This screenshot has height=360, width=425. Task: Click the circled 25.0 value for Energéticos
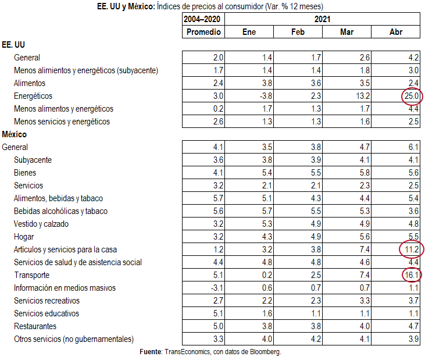tap(412, 96)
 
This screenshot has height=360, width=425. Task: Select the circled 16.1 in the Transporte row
tap(412, 275)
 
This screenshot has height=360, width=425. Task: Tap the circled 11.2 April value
tap(412, 249)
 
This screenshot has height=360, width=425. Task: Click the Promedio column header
tap(203, 32)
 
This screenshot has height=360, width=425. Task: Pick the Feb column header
tap(298, 32)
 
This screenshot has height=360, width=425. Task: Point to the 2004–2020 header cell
tap(202, 19)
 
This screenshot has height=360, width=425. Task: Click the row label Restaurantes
tap(35, 326)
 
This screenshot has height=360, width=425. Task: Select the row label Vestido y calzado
tap(41, 224)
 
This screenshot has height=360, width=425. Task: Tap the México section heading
tap(15, 134)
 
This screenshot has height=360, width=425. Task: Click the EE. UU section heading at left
tap(13, 45)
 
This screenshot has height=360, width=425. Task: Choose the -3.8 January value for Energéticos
tap(265, 96)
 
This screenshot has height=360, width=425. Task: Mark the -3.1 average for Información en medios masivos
tap(217, 288)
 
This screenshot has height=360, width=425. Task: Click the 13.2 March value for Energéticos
tap(363, 96)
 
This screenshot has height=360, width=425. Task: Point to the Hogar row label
tap(24, 237)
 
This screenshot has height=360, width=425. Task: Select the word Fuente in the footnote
tap(151, 352)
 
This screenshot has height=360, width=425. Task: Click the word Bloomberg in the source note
tap(265, 352)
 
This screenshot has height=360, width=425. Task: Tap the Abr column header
tap(396, 32)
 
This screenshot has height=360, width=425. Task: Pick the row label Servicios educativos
tap(47, 313)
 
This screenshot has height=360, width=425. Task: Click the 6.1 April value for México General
tap(413, 147)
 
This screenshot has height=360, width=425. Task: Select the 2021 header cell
tap(322, 19)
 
